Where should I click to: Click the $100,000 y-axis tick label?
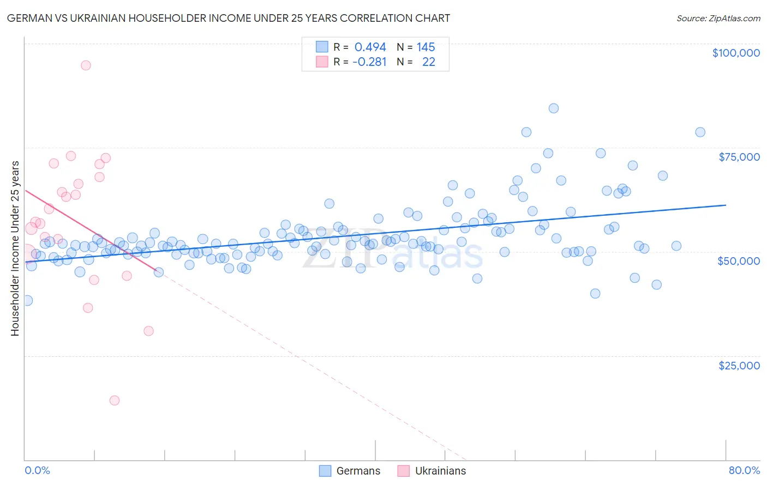pyautogui.click(x=735, y=53)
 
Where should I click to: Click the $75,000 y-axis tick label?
pyautogui.click(x=739, y=157)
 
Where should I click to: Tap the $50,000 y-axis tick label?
pyautogui.click(x=738, y=261)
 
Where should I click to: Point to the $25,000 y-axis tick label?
pyautogui.click(x=739, y=365)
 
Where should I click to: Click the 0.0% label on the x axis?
pyautogui.click(x=37, y=470)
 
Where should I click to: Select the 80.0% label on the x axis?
pyautogui.click(x=744, y=470)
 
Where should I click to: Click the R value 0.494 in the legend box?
pyautogui.click(x=370, y=47)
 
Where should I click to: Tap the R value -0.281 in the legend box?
pyautogui.click(x=369, y=62)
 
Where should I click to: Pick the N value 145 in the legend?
pyautogui.click(x=426, y=47)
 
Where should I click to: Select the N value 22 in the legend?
pyautogui.click(x=428, y=62)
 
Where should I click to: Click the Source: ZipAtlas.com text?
pyautogui.click(x=718, y=19)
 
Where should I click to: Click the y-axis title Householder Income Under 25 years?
pyautogui.click(x=15, y=248)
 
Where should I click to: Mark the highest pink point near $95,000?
pyautogui.click(x=86, y=65)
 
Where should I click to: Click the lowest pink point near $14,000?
pyautogui.click(x=115, y=400)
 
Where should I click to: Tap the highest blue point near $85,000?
pyautogui.click(x=554, y=108)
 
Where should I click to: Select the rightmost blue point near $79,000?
pyautogui.click(x=700, y=132)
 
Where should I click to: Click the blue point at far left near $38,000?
pyautogui.click(x=27, y=301)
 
